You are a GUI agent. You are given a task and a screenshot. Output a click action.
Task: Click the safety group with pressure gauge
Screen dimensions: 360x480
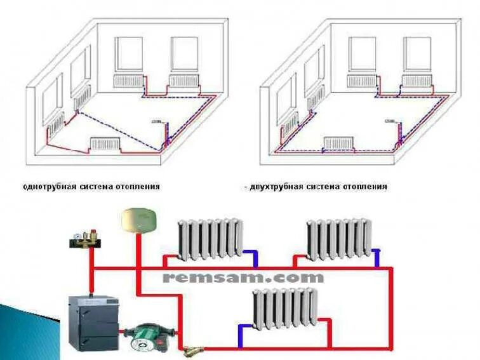pyautogui.click(x=84, y=240)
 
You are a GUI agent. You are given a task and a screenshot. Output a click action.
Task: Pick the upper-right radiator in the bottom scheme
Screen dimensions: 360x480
pyautogui.click(x=338, y=239)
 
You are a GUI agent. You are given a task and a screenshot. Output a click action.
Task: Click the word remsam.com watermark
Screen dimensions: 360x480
pyautogui.click(x=243, y=277)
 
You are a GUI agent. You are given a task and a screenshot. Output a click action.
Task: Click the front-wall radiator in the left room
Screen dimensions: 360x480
pyautogui.click(x=105, y=143)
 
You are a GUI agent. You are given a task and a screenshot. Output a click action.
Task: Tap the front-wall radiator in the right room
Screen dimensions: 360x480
pyautogui.click(x=338, y=143)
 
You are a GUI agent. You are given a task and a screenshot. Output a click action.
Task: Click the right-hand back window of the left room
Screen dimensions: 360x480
pyautogui.click(x=183, y=54)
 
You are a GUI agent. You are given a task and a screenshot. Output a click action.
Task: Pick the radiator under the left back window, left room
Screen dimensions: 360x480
pyautogui.click(x=128, y=81)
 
